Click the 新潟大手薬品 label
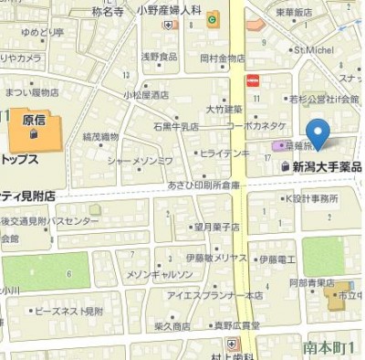point(326,166)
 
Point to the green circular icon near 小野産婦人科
point(213,17)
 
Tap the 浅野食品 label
point(158,57)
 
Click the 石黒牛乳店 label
point(175,126)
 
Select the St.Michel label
point(311,50)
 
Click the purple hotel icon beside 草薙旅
point(276,146)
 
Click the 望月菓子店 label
point(216,227)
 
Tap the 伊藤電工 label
point(277,259)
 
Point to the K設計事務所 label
point(311,197)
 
